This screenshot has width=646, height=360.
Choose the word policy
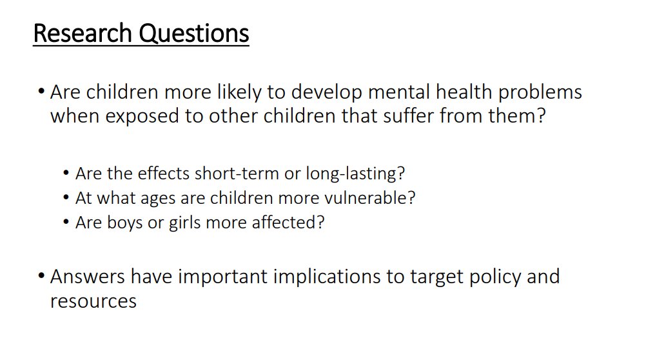[498, 277]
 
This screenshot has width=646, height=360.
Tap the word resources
[93, 301]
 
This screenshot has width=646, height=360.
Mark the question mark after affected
[320, 223]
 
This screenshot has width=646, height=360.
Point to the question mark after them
[540, 117]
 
